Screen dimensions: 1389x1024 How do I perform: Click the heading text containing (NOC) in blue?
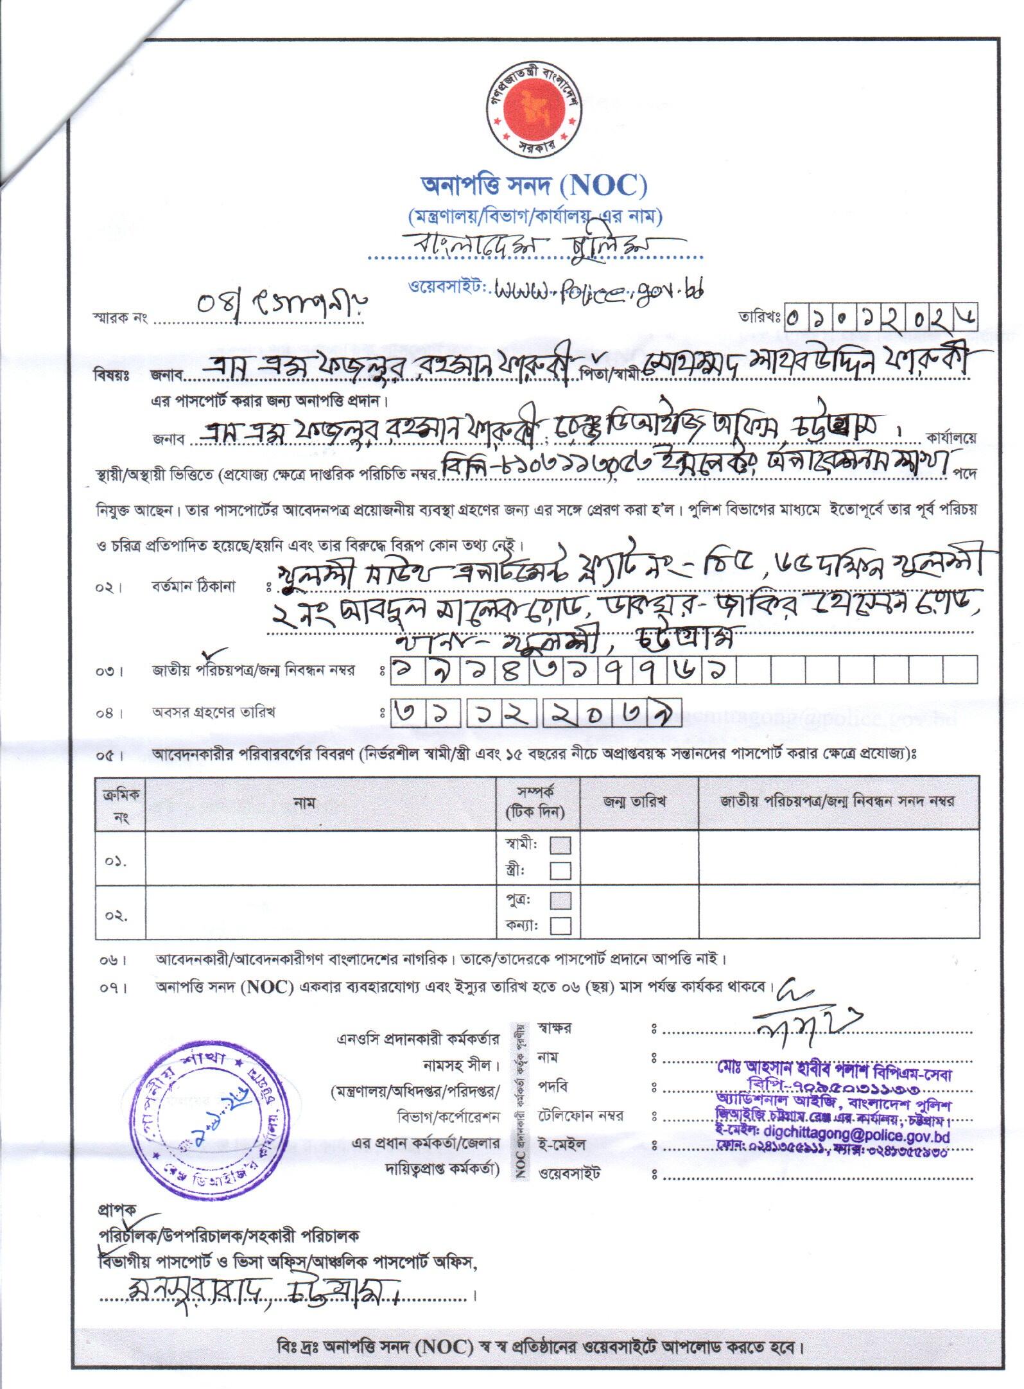coord(534,187)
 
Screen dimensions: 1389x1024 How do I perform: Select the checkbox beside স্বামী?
coord(560,844)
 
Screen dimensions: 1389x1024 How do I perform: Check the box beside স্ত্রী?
coord(560,870)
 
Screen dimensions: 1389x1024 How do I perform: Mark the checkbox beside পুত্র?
coord(560,900)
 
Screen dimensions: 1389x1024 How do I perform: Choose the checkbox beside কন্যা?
coord(560,925)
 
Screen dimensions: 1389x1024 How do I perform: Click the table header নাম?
coord(304,803)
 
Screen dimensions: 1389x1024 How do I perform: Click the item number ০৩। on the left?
coord(111,672)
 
